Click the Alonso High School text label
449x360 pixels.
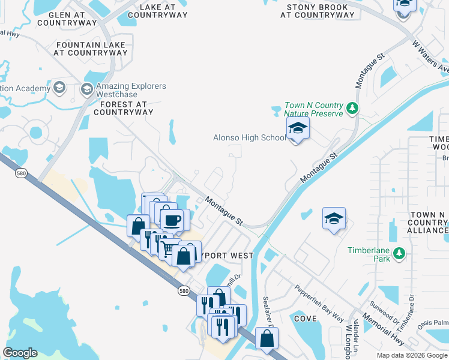pos(250,138)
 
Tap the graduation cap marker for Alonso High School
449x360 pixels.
pos(297,129)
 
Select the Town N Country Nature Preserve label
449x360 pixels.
pos(313,109)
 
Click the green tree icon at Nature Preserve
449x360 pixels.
pos(353,109)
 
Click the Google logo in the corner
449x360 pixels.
pos(20,352)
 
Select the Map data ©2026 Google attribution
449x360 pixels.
pos(412,355)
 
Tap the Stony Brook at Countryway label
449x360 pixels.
pos(317,11)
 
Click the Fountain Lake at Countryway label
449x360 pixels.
pos(91,49)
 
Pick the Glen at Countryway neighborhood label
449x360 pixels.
pos(67,19)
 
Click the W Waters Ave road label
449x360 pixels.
pos(430,56)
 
